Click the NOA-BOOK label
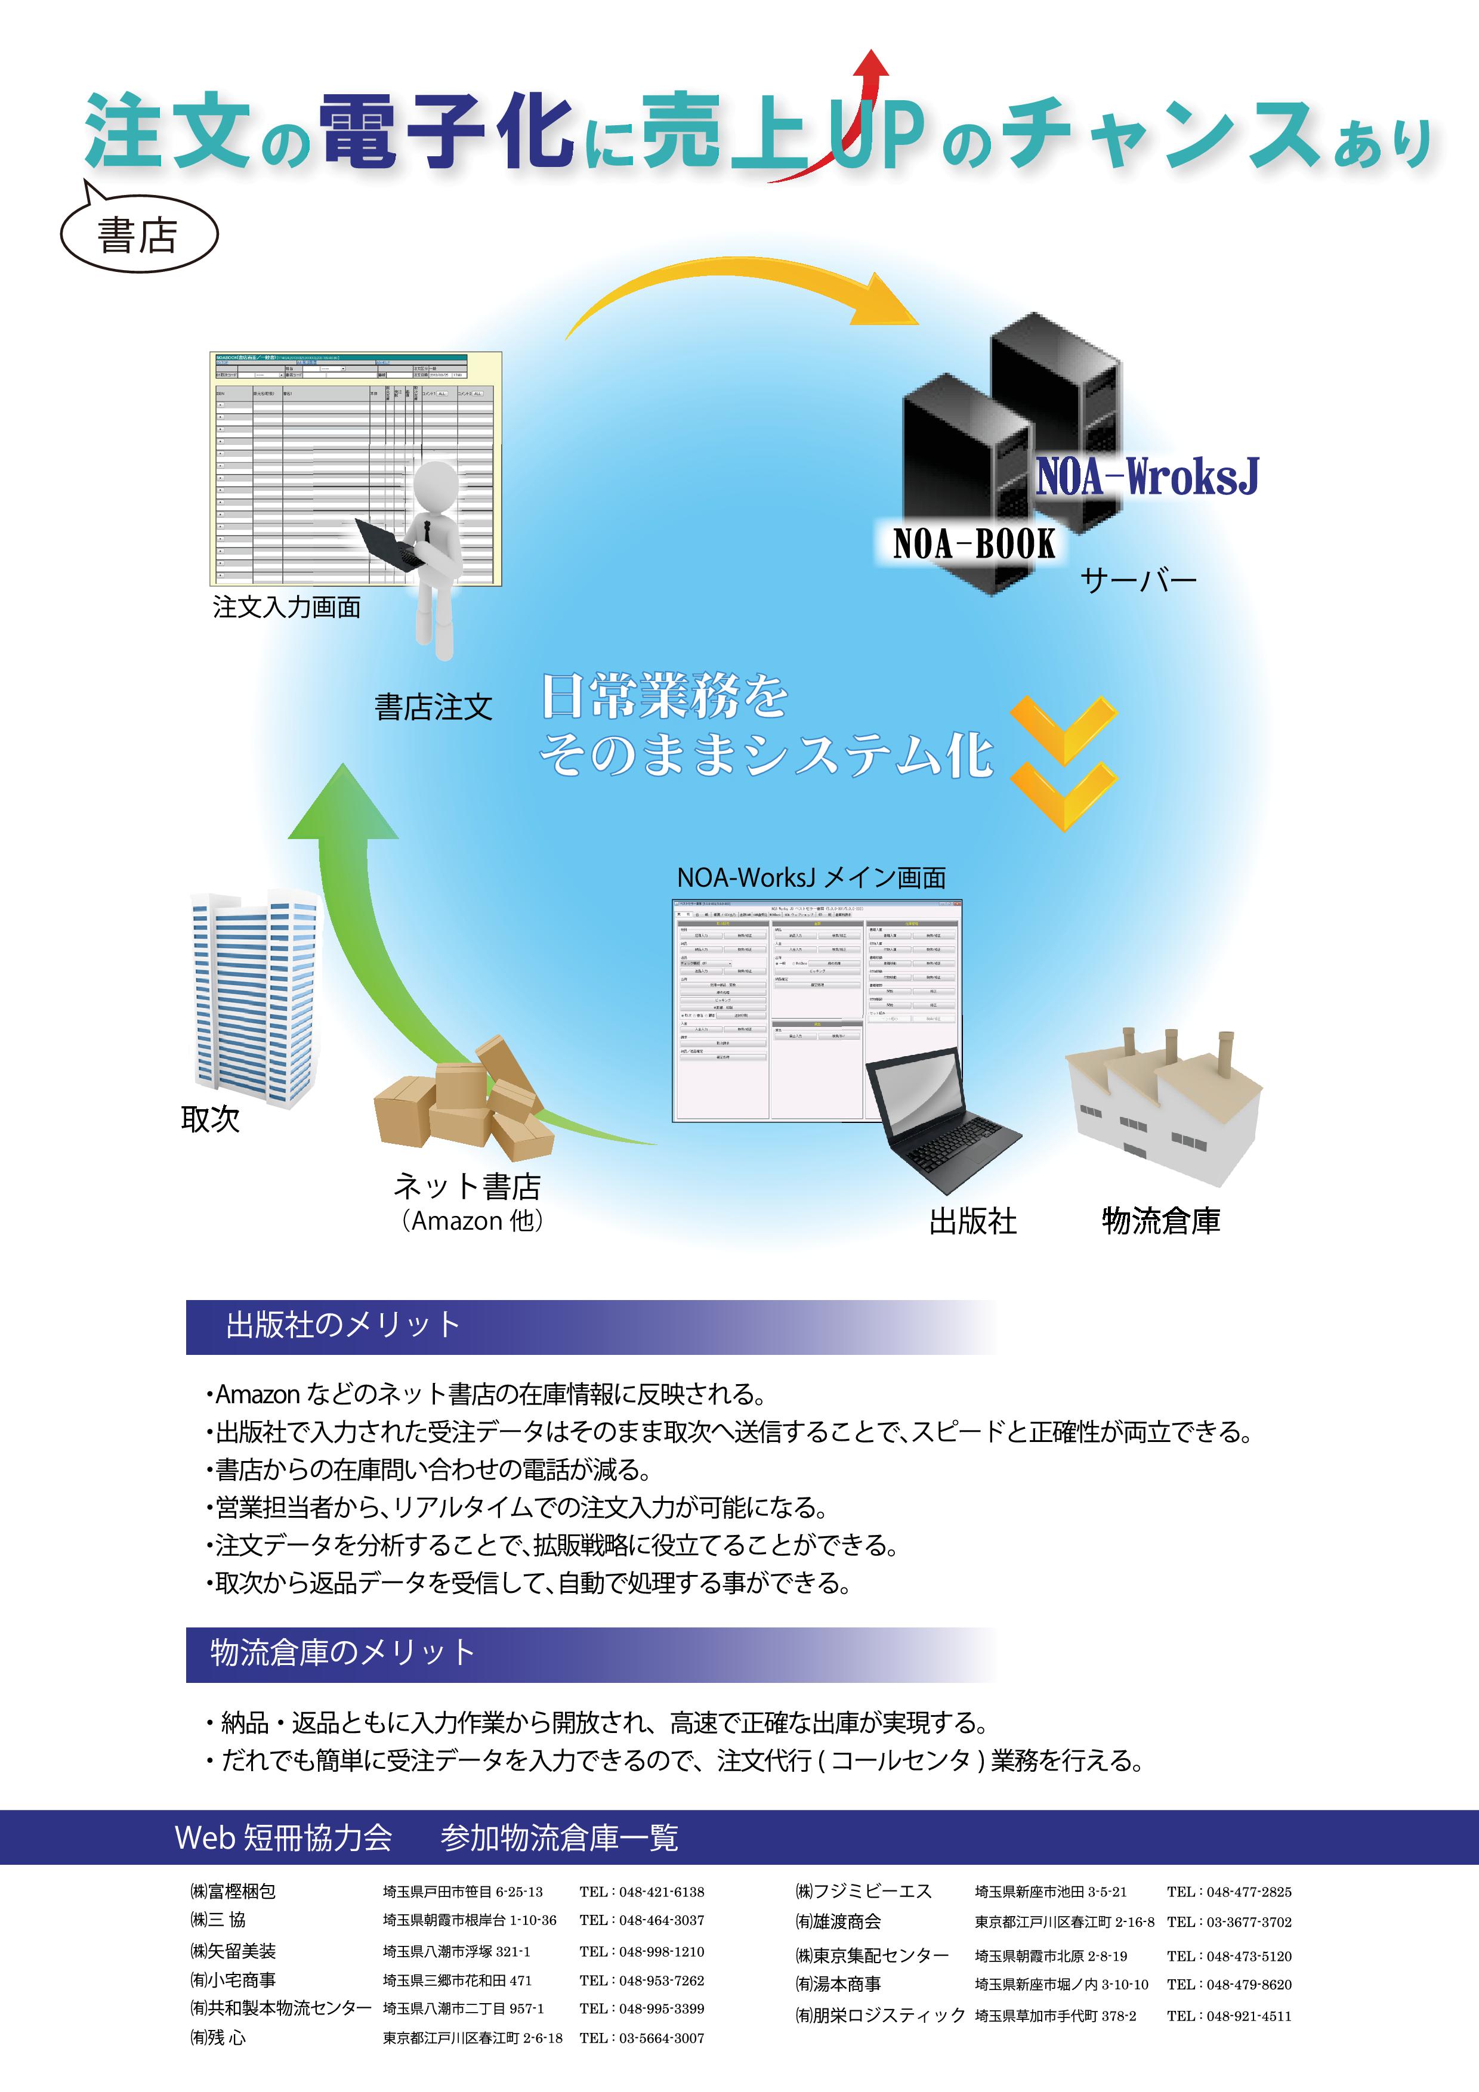973,544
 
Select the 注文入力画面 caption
286,607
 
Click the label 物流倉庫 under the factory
1160,1221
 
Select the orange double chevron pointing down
1063,763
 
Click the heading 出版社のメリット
342,1325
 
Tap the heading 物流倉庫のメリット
342,1652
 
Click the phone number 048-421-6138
660,1892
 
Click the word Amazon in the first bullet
258,1394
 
